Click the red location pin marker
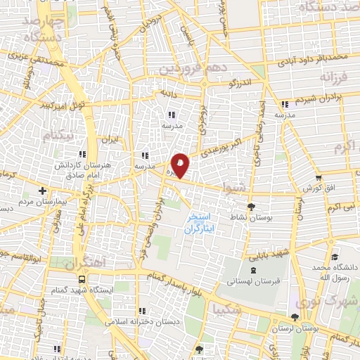181,165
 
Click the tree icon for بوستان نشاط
252,206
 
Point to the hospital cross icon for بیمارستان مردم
43,191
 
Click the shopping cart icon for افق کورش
319,177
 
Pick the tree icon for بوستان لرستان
294,318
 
